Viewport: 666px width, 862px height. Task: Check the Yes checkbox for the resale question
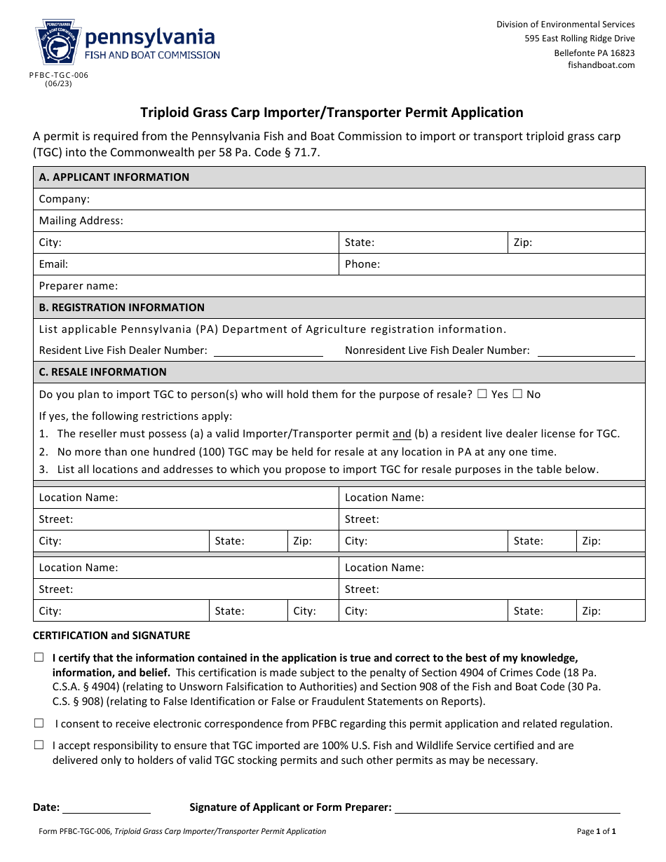482,395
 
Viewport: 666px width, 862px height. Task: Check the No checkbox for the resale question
517,395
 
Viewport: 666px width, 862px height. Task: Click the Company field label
64,199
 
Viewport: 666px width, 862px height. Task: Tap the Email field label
53,264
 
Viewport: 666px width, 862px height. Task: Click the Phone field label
362,264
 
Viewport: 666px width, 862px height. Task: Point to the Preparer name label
78,286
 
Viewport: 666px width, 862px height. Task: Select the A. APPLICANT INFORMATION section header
114,177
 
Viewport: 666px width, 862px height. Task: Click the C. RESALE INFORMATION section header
102,372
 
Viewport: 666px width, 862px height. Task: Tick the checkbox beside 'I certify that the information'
39,658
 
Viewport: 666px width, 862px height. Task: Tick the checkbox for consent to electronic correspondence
39,724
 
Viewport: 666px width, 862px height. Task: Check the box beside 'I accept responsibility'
39,746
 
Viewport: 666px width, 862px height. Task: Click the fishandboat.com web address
601,65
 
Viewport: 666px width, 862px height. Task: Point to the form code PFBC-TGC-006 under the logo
59,75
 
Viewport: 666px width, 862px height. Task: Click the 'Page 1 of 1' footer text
596,832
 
